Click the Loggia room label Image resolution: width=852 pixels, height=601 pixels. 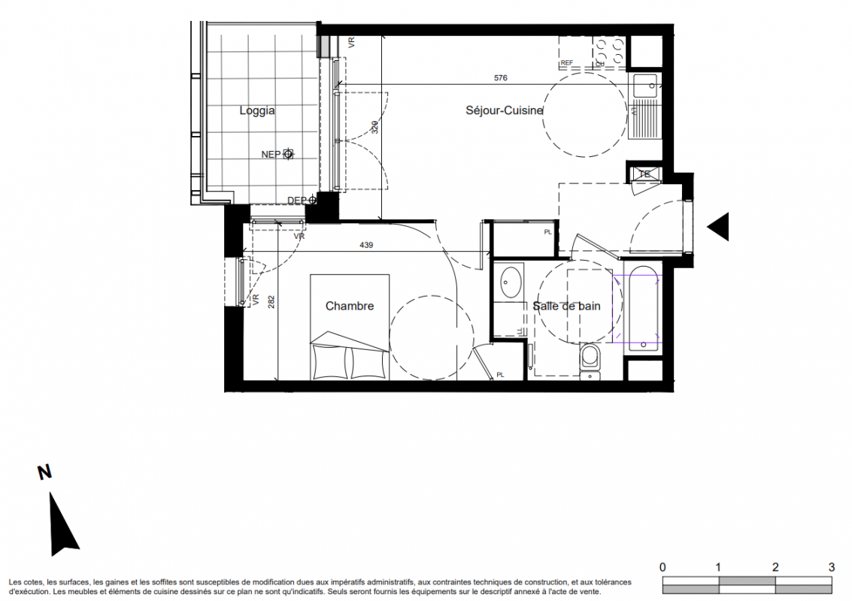pyautogui.click(x=257, y=110)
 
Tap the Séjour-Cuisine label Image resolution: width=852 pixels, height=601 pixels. pyautogui.click(x=505, y=110)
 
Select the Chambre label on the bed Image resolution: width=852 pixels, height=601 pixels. pyautogui.click(x=350, y=307)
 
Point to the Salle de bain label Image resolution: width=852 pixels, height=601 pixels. pyautogui.click(x=566, y=307)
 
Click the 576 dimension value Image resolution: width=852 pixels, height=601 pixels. pyautogui.click(x=500, y=78)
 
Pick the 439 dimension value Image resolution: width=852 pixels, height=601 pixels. pyautogui.click(x=366, y=246)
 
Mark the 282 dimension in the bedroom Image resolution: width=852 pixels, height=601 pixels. pyautogui.click(x=271, y=302)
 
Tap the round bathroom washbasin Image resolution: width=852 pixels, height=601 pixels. pyautogui.click(x=511, y=282)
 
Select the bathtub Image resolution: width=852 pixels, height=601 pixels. pyautogui.click(x=644, y=310)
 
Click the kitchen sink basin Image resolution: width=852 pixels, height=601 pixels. pyautogui.click(x=645, y=86)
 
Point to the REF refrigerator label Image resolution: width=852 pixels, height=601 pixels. pyautogui.click(x=567, y=63)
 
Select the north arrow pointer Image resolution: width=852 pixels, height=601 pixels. pyautogui.click(x=64, y=524)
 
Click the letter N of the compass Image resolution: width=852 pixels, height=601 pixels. pyautogui.click(x=44, y=473)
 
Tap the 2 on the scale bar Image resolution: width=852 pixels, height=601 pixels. pyautogui.click(x=775, y=567)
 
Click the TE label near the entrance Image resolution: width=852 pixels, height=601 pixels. pyautogui.click(x=644, y=174)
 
